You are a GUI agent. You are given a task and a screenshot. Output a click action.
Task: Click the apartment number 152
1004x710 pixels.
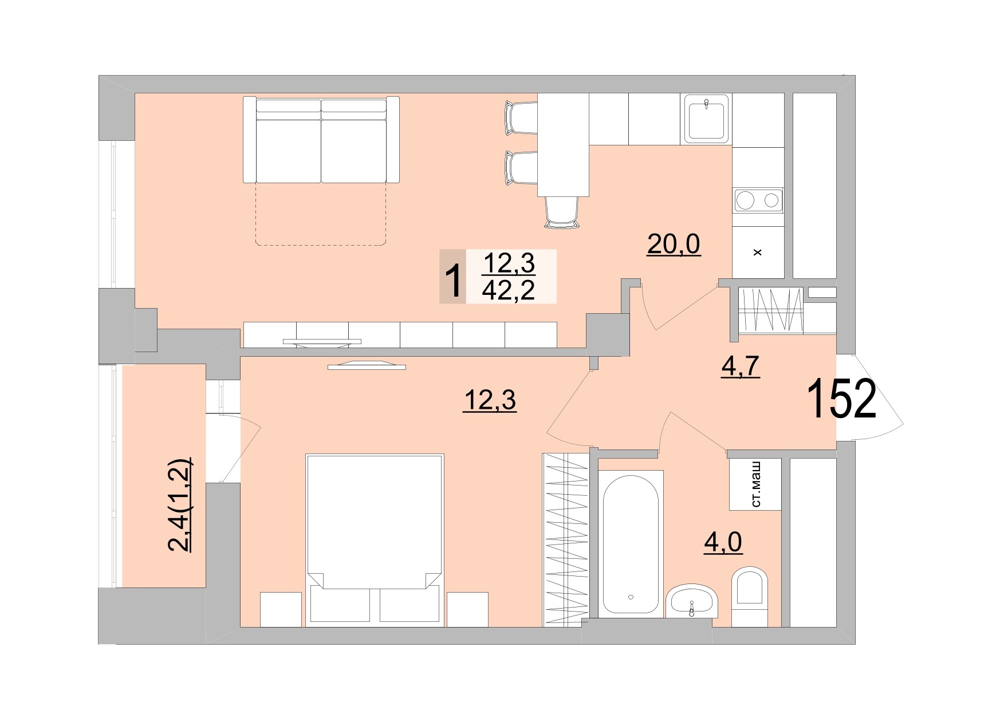coord(841,399)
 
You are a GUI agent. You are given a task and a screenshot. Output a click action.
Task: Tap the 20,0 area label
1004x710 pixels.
coord(674,245)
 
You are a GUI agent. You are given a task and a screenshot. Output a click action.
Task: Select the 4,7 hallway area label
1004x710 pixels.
coord(740,366)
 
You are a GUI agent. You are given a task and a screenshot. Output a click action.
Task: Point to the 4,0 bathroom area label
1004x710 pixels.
coord(723,542)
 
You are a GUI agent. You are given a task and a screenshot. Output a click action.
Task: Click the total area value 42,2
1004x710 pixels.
coord(509,291)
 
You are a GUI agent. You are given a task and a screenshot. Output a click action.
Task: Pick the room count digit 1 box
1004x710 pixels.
coord(452,277)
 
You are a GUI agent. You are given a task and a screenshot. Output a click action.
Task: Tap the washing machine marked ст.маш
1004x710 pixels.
coord(755,484)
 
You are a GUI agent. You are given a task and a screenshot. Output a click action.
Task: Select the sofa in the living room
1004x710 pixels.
coord(321,140)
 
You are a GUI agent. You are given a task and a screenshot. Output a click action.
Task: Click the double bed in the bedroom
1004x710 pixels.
coord(375,538)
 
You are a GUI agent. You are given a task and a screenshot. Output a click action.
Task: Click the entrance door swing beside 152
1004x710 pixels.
coord(871,399)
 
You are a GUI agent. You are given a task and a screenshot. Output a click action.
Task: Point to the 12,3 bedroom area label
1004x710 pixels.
coord(490,400)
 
